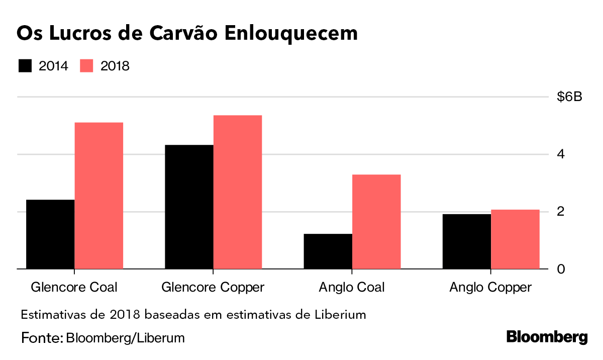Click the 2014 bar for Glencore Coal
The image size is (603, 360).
click(50, 234)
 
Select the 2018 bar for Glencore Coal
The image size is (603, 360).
click(99, 196)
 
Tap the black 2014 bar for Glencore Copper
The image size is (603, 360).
click(189, 207)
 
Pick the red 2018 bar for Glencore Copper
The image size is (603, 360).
click(238, 192)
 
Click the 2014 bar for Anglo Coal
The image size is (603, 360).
click(328, 251)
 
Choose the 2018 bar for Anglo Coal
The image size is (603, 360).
click(376, 222)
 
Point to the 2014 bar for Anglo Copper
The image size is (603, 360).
click(466, 241)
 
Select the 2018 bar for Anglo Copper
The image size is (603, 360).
click(515, 239)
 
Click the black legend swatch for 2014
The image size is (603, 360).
click(25, 66)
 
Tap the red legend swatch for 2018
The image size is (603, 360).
click(87, 66)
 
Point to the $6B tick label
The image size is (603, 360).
click(569, 97)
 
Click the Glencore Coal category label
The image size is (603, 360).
click(74, 287)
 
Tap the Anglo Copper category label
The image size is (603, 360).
click(490, 287)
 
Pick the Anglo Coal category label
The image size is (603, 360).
click(351, 287)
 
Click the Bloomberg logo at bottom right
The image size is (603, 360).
click(547, 337)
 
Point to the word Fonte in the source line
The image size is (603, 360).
click(40, 337)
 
